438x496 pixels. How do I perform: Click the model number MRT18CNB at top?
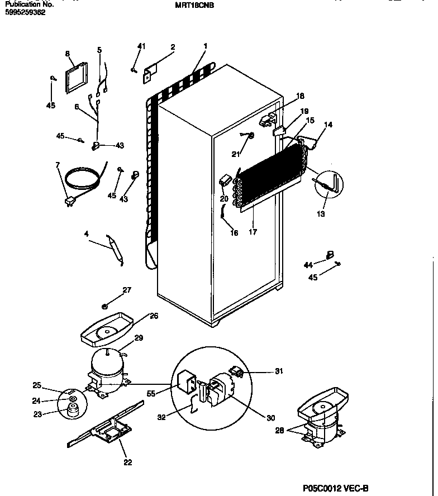click(x=194, y=5)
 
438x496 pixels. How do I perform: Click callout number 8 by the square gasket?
click(x=68, y=54)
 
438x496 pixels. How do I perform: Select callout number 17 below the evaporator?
click(x=253, y=232)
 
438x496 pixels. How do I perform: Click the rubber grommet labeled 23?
click(x=72, y=412)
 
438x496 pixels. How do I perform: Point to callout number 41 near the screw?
click(x=141, y=46)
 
